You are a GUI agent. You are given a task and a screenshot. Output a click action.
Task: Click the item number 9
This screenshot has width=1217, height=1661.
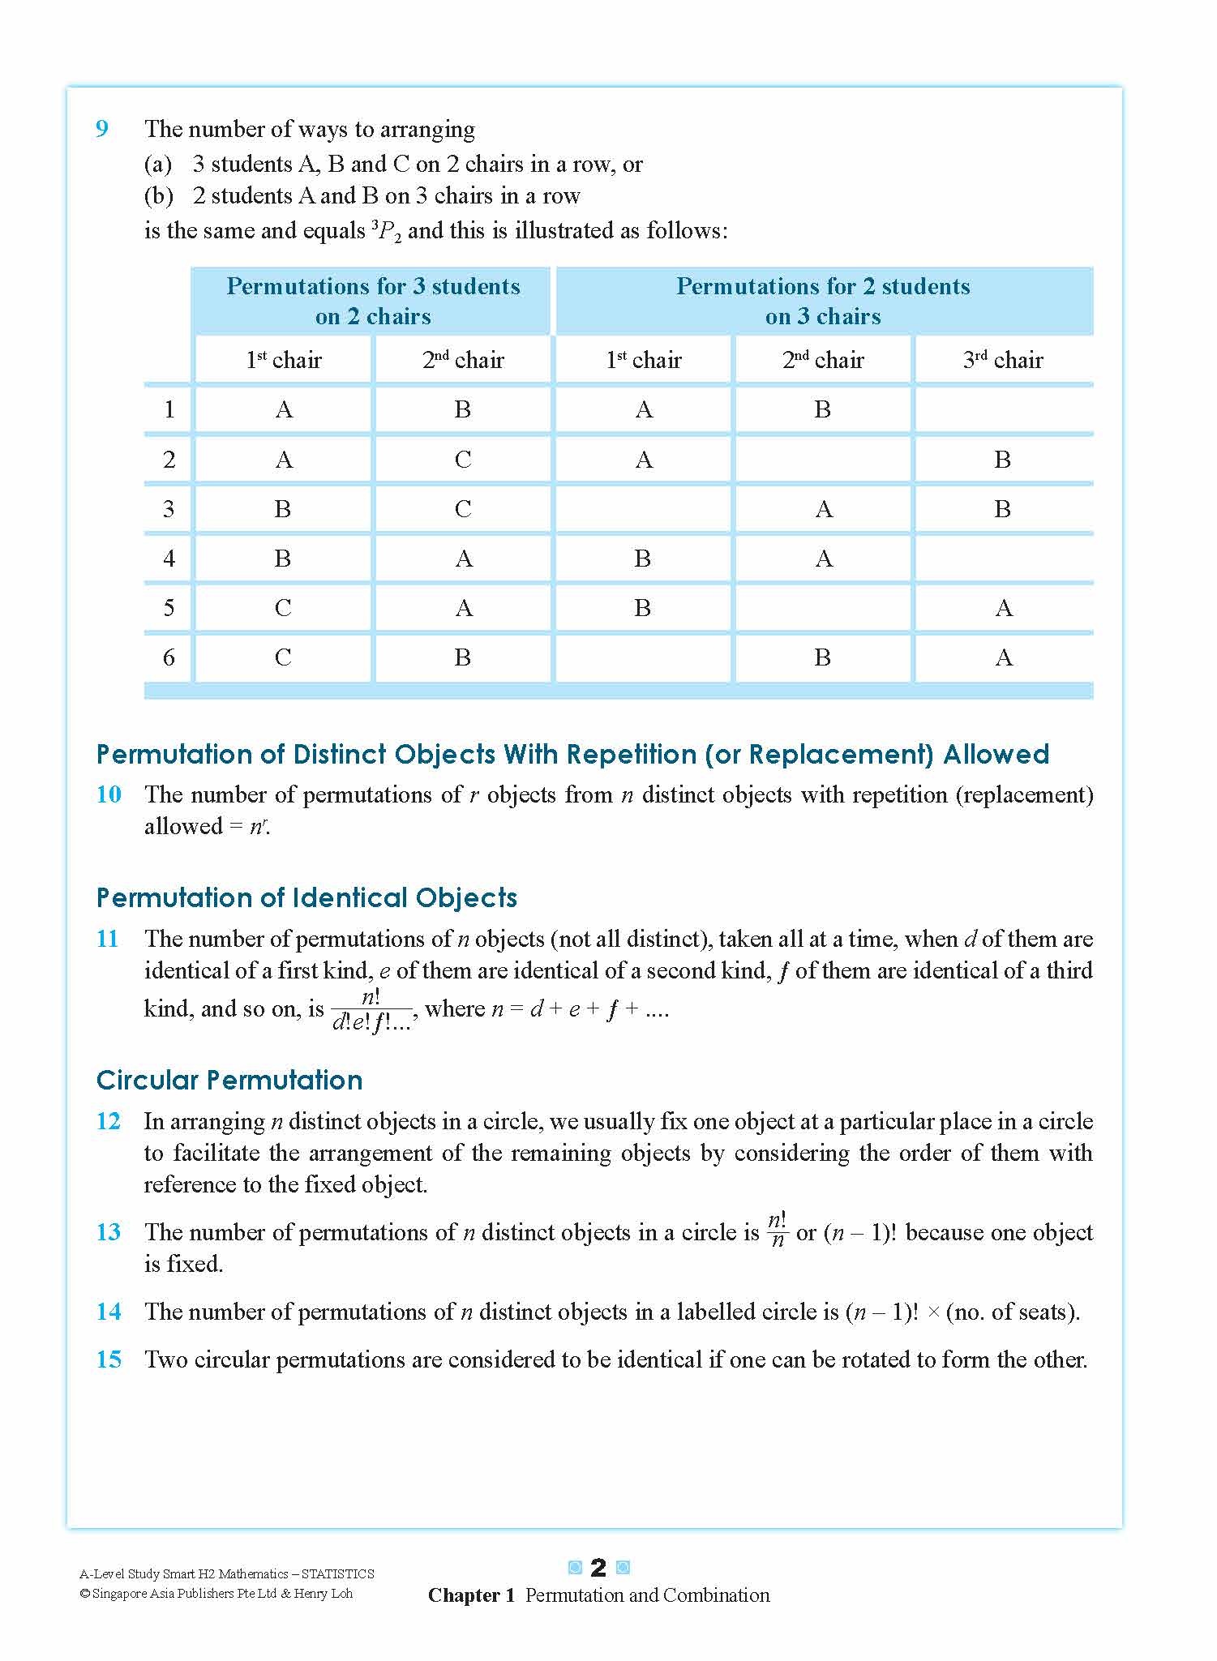tap(102, 129)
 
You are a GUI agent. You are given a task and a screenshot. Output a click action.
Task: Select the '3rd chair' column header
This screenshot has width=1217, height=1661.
tap(1003, 360)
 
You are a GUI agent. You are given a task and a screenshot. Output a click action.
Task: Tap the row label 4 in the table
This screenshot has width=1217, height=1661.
tap(169, 559)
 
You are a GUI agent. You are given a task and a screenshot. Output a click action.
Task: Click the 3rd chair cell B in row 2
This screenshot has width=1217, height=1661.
tap(1003, 460)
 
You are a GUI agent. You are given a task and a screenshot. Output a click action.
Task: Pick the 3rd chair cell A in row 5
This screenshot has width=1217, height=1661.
tap(1004, 608)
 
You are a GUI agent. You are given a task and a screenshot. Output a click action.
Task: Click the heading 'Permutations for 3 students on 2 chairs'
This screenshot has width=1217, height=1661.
tap(373, 301)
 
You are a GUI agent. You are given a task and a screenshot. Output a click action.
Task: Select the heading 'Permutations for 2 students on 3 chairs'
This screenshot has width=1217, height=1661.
tap(823, 301)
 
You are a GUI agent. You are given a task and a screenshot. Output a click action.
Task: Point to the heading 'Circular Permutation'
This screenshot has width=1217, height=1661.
tap(229, 1081)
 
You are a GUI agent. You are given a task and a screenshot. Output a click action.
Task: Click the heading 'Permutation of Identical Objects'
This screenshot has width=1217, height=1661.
tap(306, 898)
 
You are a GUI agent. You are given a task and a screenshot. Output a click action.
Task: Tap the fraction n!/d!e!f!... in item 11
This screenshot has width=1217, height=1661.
tap(371, 1010)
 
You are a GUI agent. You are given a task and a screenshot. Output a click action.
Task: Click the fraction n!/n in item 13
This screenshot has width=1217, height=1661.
tap(777, 1231)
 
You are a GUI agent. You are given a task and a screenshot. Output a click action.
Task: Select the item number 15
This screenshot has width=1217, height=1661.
tap(109, 1359)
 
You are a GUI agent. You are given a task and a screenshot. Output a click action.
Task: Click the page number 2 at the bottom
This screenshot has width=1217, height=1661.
tap(598, 1568)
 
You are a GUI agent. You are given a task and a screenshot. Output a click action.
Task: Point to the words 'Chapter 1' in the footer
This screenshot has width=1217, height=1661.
tap(471, 1595)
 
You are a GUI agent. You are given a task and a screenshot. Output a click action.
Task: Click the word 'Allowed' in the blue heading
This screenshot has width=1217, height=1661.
tap(996, 755)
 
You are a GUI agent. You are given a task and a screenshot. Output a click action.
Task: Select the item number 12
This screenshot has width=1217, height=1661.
tap(109, 1122)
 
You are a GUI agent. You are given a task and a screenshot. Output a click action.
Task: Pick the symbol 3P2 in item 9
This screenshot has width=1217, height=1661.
tap(387, 232)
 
